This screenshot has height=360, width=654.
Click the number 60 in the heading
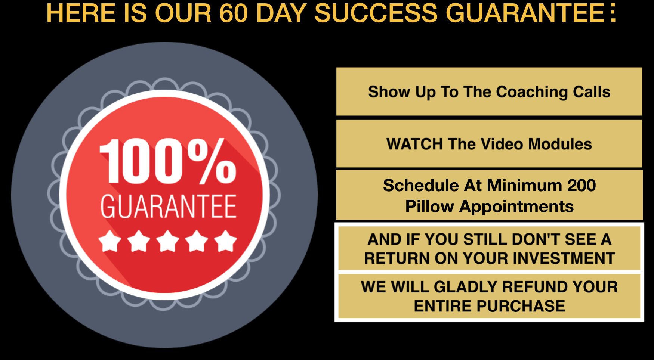[x=234, y=13]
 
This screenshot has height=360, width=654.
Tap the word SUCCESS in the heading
[x=376, y=13]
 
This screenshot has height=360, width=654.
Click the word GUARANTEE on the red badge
[x=169, y=206]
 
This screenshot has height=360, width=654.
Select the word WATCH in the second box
[x=415, y=144]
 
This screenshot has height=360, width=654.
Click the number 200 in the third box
[x=581, y=186]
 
